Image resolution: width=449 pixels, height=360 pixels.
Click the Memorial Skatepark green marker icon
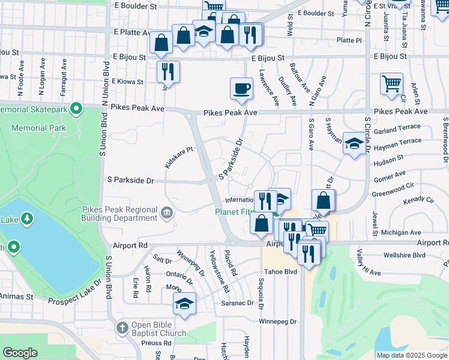[76, 109]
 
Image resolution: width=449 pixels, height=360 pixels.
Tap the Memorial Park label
[41, 128]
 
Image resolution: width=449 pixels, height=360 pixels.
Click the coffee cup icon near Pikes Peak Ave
[241, 88]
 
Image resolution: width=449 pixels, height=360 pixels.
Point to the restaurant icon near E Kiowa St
[168, 71]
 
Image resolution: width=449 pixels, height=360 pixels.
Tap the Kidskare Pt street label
[178, 157]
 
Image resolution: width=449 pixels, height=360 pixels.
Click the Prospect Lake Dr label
[74, 292]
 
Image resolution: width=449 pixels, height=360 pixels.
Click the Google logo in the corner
[20, 353]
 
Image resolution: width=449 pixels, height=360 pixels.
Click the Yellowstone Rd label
[218, 271]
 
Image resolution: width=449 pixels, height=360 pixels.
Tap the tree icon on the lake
[26, 219]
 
